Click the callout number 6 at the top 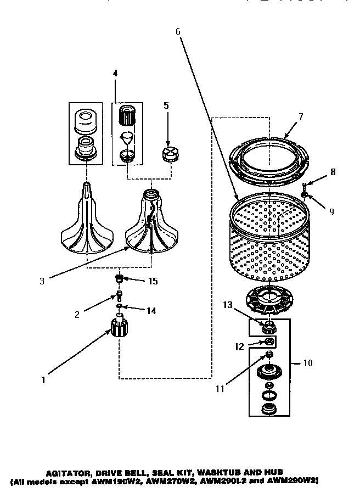tap(178, 31)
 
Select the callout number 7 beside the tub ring tap(301, 117)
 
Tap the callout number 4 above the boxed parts tap(115, 72)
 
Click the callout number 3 tap(42, 281)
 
